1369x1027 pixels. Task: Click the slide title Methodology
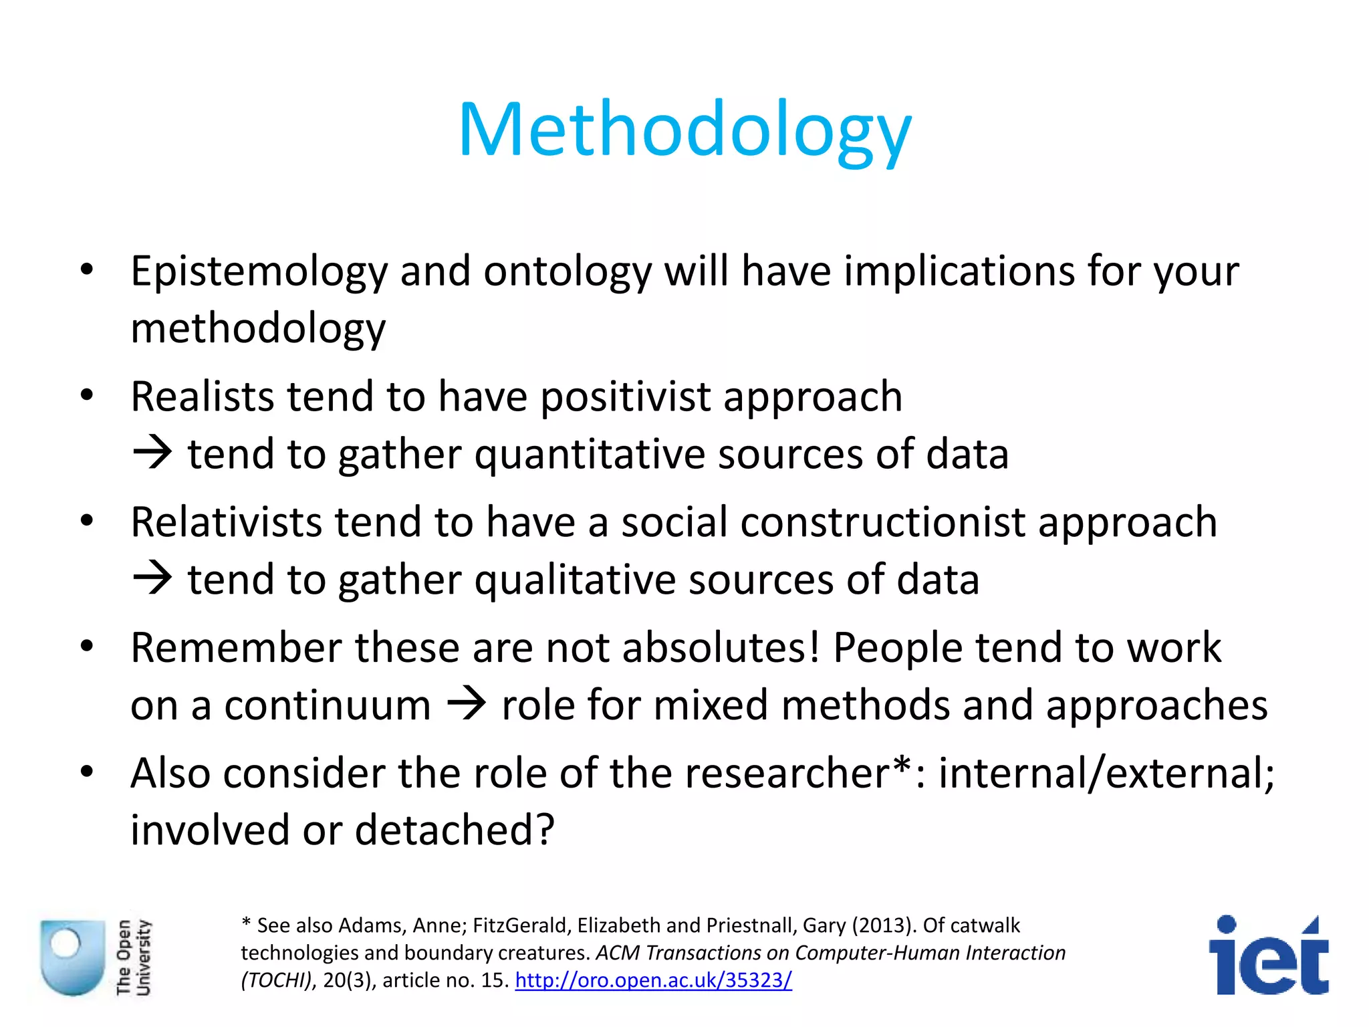point(684,130)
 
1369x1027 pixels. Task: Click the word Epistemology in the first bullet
point(259,272)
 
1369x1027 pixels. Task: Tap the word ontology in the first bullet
point(567,272)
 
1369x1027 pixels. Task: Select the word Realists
point(202,396)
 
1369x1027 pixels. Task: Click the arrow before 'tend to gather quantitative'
point(152,453)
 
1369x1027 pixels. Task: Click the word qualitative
point(575,580)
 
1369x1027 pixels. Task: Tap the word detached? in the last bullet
point(455,830)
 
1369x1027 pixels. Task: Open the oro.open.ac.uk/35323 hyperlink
point(653,980)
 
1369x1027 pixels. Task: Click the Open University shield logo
point(72,957)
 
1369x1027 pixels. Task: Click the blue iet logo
point(1267,956)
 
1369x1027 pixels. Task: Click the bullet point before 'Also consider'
point(86,772)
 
